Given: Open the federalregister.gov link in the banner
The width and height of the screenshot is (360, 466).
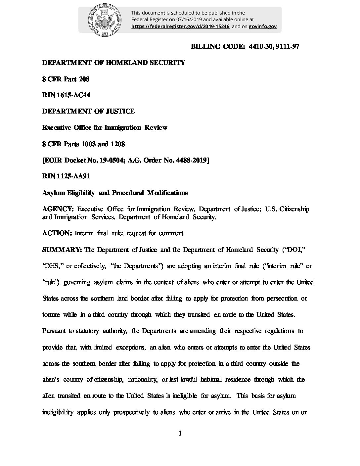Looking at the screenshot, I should click(x=180, y=26).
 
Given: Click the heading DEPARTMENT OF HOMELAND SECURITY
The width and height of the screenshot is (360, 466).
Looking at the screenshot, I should click(x=113, y=63).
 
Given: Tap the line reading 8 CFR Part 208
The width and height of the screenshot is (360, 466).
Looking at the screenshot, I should click(x=66, y=79).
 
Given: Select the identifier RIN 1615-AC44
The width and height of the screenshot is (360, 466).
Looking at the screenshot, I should click(x=66, y=95).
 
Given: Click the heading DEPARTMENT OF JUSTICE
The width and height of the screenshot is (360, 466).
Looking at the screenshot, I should click(x=88, y=112).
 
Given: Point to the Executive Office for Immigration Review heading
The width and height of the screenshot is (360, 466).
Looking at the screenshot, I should click(x=105, y=128).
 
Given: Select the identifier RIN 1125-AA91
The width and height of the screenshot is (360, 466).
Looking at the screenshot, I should click(x=66, y=176).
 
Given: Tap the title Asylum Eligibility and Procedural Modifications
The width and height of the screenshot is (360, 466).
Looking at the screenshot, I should click(x=115, y=193).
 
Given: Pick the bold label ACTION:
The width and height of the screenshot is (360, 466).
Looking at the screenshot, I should click(x=57, y=233).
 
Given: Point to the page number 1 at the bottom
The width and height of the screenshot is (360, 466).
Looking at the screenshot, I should click(x=180, y=434).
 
